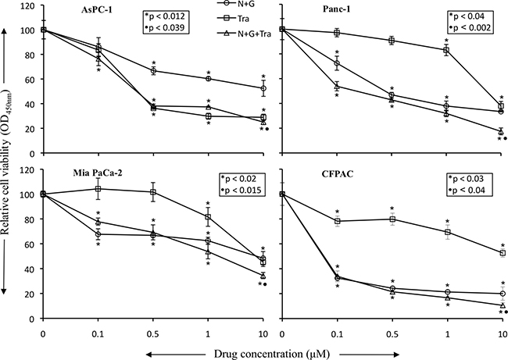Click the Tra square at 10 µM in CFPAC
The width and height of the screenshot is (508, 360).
click(x=503, y=253)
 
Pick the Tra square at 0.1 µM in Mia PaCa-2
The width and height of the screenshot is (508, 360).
click(x=98, y=189)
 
